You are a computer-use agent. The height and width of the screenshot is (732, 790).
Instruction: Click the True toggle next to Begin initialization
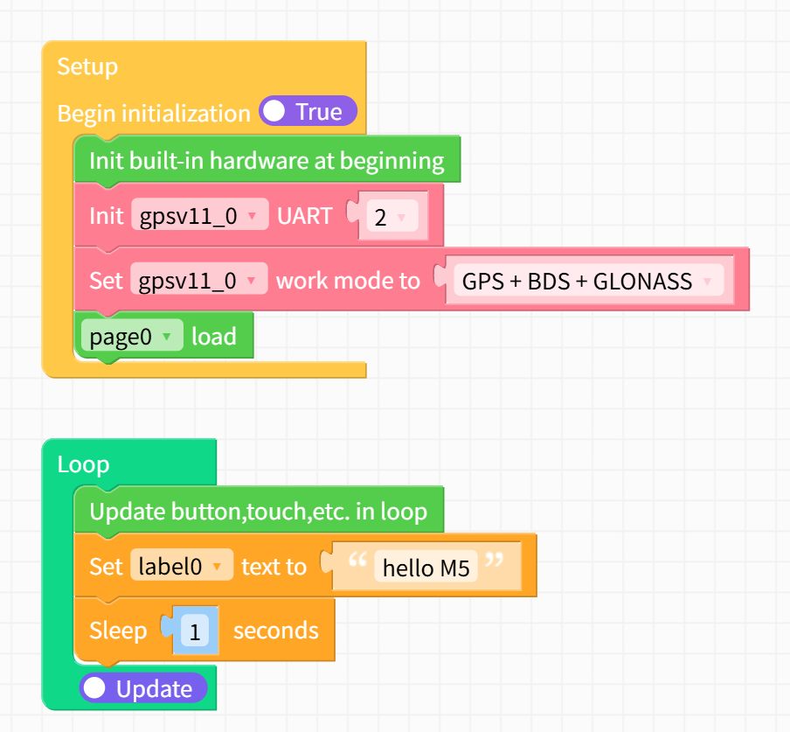(x=308, y=112)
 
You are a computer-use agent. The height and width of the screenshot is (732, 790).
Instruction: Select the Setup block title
(x=87, y=66)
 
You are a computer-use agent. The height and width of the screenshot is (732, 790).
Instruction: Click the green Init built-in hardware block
(x=267, y=161)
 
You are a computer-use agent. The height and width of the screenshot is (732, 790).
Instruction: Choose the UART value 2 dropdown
(x=388, y=216)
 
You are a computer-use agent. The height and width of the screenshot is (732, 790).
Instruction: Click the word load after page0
(x=214, y=337)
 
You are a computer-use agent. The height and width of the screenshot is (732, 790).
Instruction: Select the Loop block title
(x=83, y=464)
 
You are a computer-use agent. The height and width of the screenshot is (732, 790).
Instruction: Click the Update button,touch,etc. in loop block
(x=259, y=512)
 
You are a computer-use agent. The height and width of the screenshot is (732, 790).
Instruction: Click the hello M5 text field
(x=426, y=569)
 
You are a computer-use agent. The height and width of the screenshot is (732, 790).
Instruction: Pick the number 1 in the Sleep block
(x=195, y=631)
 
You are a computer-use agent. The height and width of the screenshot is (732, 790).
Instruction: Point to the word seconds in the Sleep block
(x=275, y=631)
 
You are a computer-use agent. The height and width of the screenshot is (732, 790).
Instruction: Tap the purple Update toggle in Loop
(x=143, y=689)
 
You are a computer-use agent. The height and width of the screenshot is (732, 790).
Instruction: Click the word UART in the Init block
(x=304, y=216)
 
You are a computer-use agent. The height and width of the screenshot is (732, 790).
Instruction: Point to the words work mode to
(x=348, y=281)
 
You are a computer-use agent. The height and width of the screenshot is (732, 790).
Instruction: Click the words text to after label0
(x=274, y=567)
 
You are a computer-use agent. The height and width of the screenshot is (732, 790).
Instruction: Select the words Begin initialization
(x=154, y=114)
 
